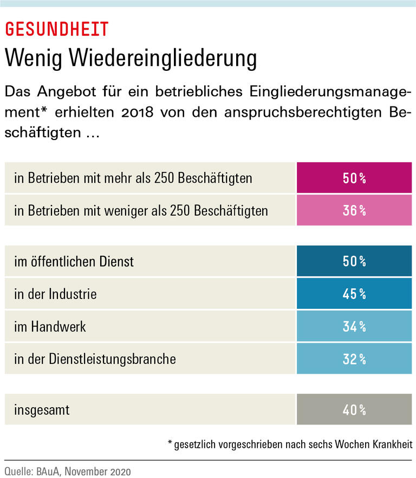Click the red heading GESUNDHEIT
(57, 29)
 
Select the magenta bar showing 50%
(354, 178)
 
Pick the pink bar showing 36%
(354, 210)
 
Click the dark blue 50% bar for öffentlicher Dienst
(354, 262)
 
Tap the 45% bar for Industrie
(354, 294)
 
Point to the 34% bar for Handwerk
(354, 326)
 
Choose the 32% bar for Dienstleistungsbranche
(354, 358)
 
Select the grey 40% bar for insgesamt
(354, 410)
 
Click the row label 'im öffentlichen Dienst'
(74, 262)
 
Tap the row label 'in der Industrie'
(55, 294)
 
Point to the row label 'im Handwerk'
(50, 327)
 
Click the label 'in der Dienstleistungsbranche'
(95, 358)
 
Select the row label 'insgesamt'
(42, 410)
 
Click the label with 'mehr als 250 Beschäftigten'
(133, 178)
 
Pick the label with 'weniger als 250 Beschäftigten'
(141, 210)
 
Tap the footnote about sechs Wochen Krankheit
(290, 444)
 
